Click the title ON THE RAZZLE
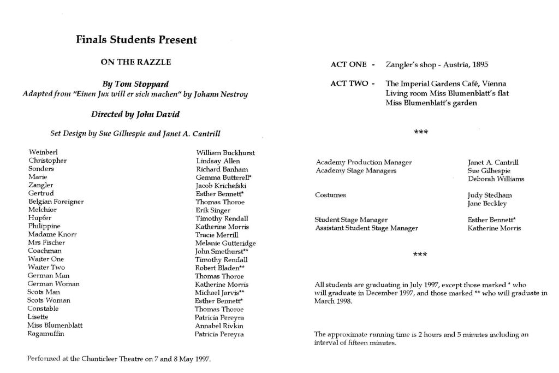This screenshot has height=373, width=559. [135, 62]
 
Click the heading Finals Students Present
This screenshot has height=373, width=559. [136, 40]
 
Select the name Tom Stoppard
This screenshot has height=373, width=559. [147, 84]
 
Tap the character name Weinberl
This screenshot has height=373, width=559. [43, 152]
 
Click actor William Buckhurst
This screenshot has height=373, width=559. [225, 153]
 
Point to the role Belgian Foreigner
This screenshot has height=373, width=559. [56, 202]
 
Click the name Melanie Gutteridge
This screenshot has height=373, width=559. [225, 243]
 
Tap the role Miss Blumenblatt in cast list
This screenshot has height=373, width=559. [55, 325]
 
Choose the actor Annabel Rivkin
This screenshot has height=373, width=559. [219, 326]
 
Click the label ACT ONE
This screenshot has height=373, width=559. [349, 64]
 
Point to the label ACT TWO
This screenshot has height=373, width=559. [349, 84]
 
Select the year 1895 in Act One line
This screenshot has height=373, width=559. [480, 64]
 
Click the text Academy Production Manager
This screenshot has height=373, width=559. [364, 162]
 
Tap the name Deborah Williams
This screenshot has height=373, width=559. [495, 179]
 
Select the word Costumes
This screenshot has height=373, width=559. [330, 195]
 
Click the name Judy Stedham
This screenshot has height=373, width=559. [490, 195]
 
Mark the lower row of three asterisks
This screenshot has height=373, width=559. [420, 254]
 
